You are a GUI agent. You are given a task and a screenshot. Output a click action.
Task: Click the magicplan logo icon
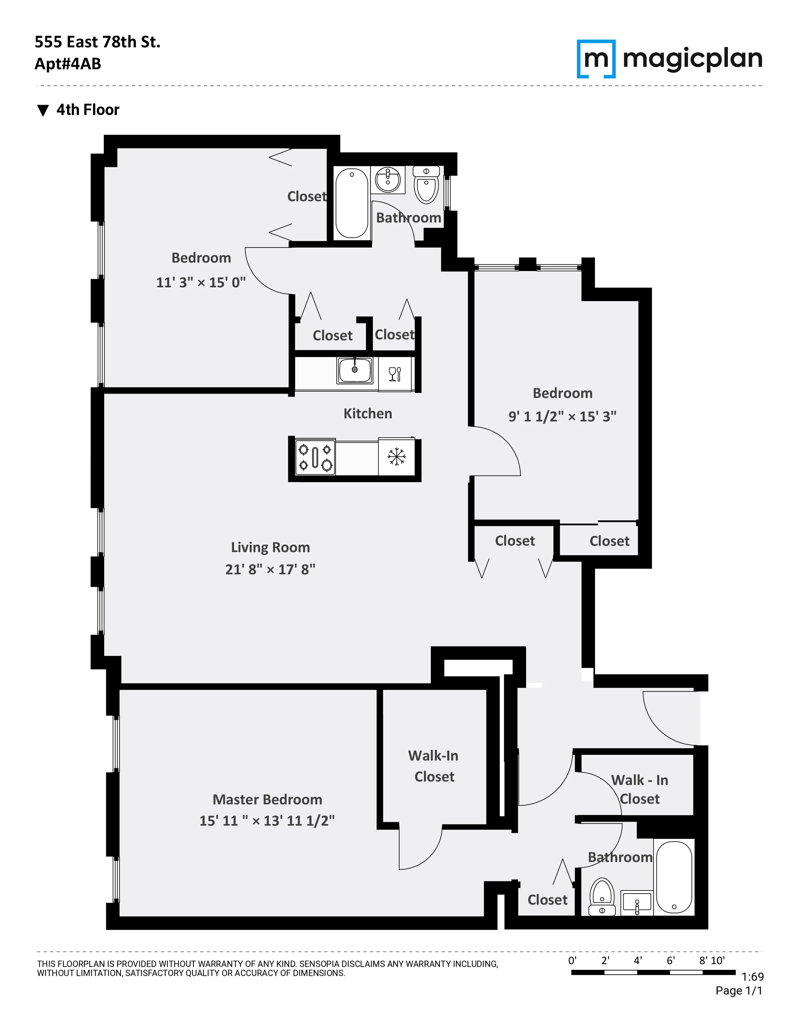coord(596,59)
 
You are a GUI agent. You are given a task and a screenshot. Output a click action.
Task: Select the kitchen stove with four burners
coord(315,457)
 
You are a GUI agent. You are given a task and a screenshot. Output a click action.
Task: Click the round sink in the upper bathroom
coord(388,180)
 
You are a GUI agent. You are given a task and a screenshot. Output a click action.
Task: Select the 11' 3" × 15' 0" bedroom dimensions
coord(201,283)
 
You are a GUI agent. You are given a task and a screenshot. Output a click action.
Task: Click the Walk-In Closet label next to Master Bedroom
coord(434,765)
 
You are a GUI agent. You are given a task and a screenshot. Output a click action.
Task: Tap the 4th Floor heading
coord(87,110)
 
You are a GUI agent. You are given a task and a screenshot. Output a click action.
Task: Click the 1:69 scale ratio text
coord(752,977)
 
